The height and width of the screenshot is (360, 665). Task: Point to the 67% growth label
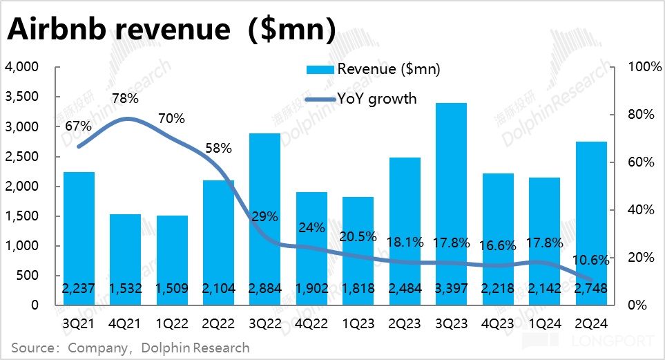coord(79,126)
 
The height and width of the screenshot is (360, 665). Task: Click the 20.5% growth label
coord(358,236)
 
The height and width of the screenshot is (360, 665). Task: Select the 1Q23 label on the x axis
coord(358,322)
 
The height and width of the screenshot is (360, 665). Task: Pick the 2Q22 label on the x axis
coord(218,322)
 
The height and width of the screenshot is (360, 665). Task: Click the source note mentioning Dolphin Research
coord(131,348)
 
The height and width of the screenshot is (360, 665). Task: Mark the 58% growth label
coord(218,148)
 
